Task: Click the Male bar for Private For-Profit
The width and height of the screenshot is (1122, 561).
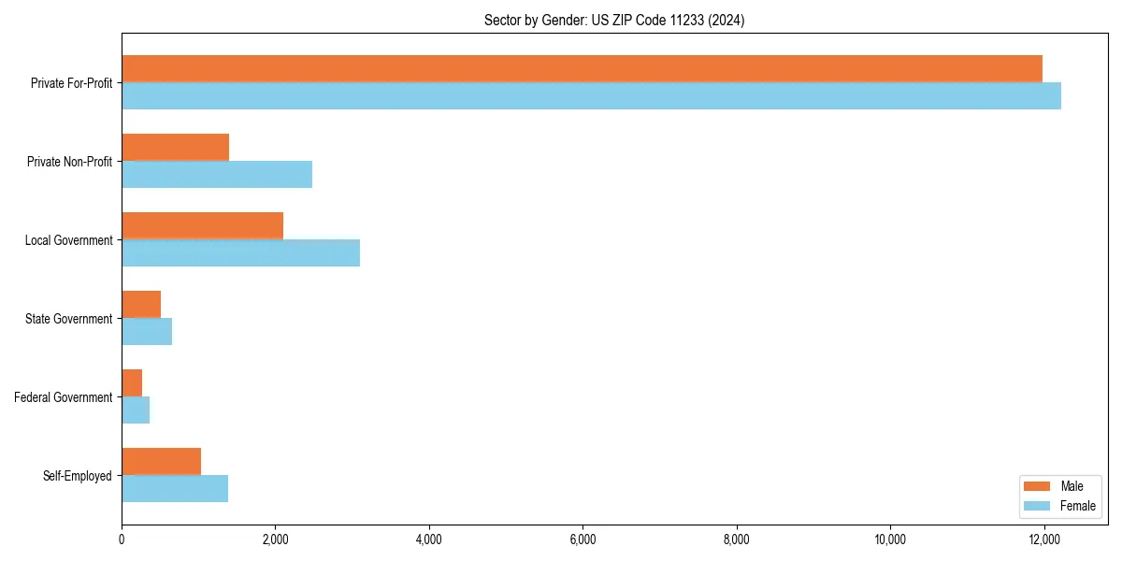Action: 582,69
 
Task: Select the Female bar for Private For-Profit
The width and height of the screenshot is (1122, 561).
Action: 591,96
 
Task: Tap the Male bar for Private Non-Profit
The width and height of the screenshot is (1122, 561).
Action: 175,148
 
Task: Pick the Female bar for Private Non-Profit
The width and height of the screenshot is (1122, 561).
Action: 217,175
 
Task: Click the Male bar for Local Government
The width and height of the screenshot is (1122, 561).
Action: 202,226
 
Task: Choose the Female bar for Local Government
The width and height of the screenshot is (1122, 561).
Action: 240,253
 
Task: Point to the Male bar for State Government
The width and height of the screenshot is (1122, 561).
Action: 141,305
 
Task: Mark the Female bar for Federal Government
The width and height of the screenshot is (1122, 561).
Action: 136,410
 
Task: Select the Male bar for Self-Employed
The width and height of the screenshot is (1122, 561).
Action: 161,462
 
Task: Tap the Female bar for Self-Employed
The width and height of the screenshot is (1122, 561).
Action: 175,489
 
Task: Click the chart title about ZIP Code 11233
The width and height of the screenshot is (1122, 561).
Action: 614,20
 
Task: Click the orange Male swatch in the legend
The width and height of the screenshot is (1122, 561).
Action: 1038,486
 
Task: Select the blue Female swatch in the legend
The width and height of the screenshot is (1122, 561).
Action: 1038,506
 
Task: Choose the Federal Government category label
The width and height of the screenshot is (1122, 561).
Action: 64,397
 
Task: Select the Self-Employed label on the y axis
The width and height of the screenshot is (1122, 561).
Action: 78,476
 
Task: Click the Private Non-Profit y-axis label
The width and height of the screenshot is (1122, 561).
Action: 69,162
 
